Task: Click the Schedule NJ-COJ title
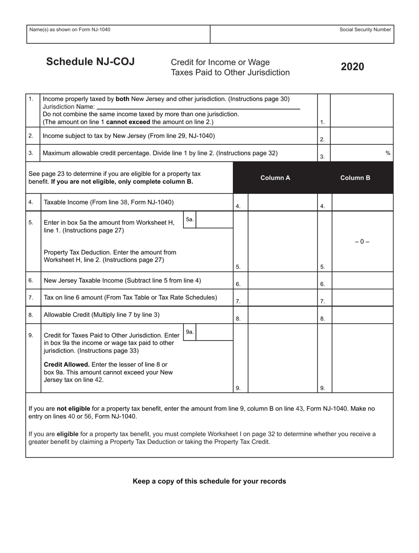[x=90, y=62]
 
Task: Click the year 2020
[x=352, y=67]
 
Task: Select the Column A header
[x=275, y=178]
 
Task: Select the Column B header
[x=355, y=178]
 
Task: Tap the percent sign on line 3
[x=388, y=153]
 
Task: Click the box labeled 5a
[x=214, y=220]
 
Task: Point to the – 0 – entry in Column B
[x=362, y=242]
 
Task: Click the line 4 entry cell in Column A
[x=282, y=202]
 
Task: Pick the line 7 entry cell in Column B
[x=362, y=298]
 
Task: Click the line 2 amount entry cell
[x=362, y=136]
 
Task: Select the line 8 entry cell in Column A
[x=282, y=315]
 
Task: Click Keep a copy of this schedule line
[x=209, y=481]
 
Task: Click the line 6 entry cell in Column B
[x=362, y=280]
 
